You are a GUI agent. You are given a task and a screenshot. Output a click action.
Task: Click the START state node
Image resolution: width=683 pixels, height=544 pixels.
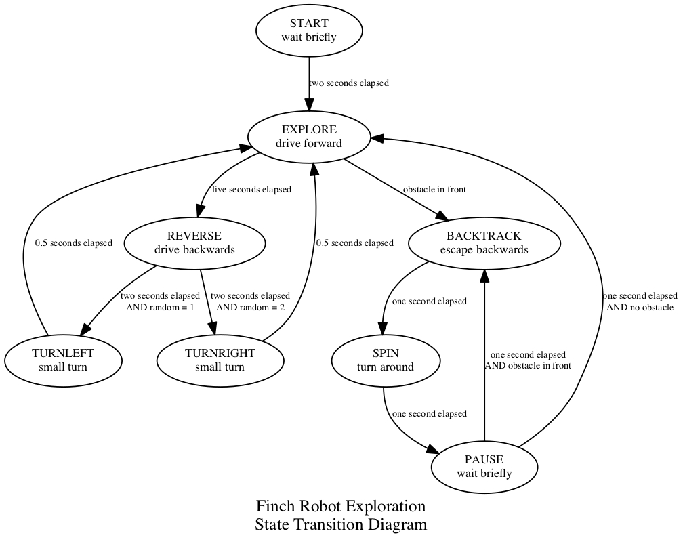pos(309,30)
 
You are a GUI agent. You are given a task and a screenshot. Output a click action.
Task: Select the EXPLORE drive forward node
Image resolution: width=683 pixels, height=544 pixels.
pos(309,137)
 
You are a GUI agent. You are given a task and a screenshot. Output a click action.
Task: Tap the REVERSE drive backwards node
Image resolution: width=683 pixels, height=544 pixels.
pos(194,243)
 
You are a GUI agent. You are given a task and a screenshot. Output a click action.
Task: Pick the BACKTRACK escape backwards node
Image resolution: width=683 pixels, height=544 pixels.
pos(484,243)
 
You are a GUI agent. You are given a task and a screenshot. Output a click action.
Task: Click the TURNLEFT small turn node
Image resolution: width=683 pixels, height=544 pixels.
pos(63,360)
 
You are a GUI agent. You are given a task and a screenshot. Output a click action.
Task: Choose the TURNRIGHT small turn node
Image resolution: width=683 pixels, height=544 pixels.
pos(220,360)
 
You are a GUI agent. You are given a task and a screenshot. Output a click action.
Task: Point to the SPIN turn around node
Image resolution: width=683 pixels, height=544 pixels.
pos(386,360)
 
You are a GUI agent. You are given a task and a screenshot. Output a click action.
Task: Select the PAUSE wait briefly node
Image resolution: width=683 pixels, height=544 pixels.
pos(484,467)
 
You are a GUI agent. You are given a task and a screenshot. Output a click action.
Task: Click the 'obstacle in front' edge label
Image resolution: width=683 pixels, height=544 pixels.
pos(434,190)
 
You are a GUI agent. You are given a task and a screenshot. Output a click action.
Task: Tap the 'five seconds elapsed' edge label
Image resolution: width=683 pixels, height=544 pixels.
pos(251,190)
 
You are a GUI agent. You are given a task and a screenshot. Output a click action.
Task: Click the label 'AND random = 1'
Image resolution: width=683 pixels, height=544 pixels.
pos(160,307)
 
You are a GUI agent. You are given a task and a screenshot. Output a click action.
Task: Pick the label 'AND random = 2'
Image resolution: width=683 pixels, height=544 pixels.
pos(250,307)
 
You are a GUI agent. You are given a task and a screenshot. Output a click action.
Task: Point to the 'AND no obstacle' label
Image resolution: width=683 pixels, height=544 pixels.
pos(640,307)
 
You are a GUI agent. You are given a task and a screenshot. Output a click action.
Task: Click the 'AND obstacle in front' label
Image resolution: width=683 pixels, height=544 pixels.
pos(528,365)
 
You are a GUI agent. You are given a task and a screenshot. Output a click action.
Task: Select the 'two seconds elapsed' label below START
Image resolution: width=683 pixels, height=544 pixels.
pos(348,83)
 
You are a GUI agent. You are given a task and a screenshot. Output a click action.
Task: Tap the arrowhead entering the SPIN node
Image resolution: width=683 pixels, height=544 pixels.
pos(382,328)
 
